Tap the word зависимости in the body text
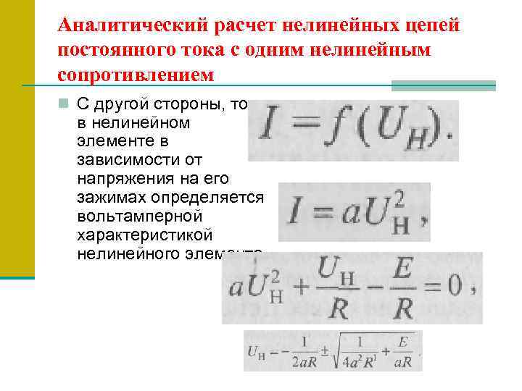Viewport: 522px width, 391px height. click(x=117, y=159)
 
